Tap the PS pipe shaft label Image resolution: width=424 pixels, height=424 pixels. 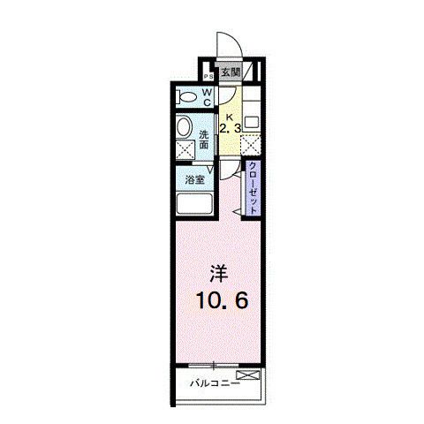208,76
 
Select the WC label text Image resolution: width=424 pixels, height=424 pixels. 206,96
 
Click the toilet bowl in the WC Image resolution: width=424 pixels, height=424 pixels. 186,96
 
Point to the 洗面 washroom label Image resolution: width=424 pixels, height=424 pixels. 204,140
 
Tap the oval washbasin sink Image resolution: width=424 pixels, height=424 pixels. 184,126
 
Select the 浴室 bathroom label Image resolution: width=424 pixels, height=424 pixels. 194,181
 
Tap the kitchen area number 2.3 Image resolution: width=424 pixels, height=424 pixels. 230,129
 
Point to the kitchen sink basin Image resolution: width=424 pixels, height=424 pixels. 252,122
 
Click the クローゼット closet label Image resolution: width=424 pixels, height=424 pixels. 254,187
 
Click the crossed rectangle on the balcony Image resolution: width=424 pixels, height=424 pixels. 250,375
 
